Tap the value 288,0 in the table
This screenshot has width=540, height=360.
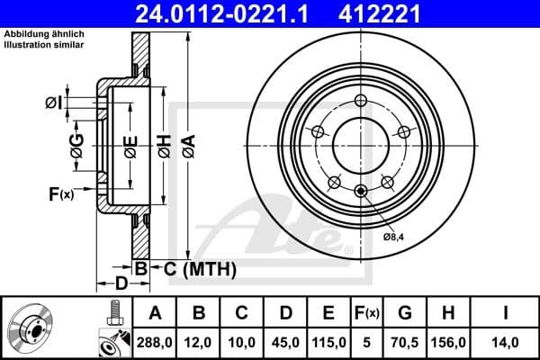point(156,342)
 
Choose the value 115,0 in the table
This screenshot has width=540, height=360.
point(328,342)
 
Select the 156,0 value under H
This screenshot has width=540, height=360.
point(454,342)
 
